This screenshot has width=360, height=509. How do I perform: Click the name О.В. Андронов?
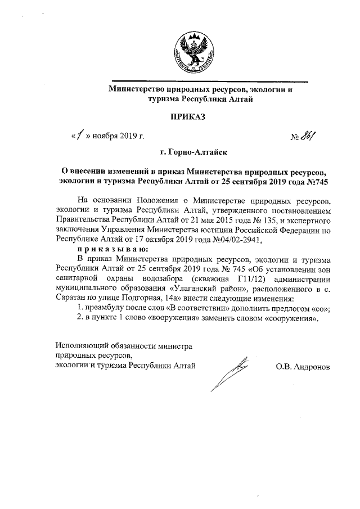point(303,367)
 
